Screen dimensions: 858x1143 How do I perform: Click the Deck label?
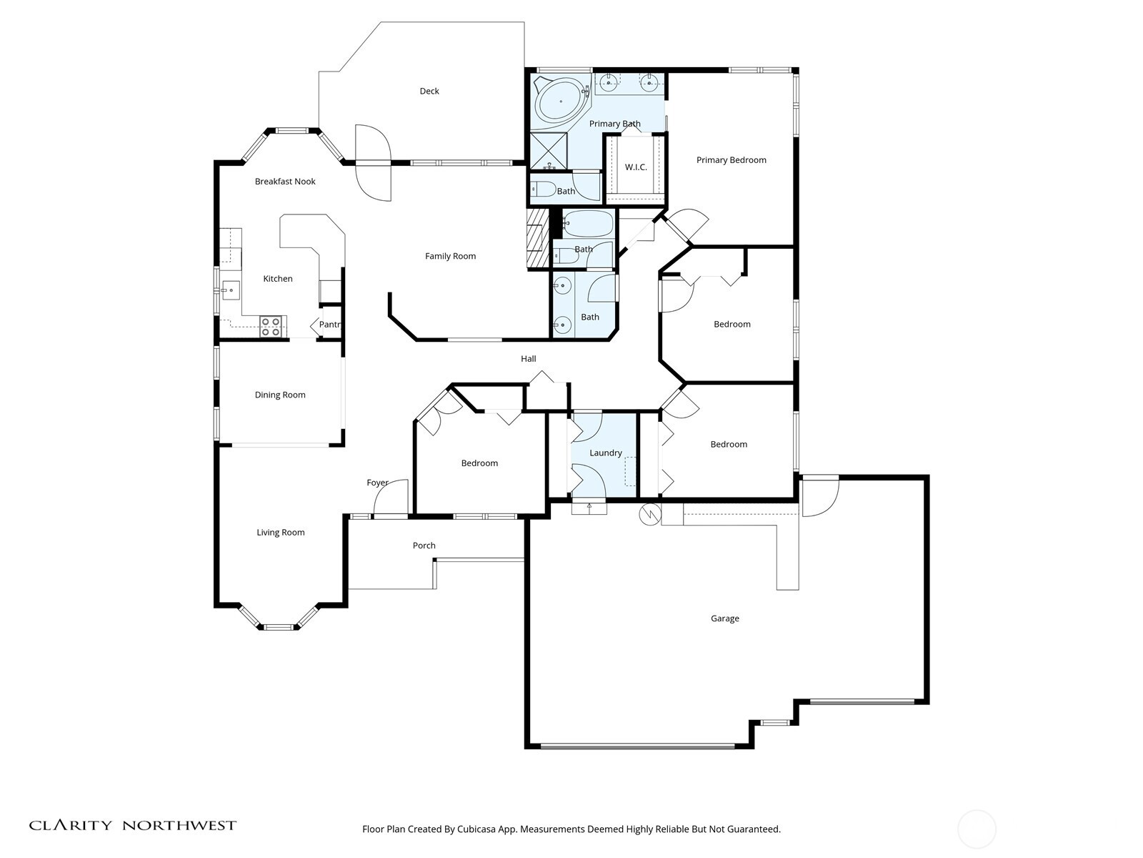coord(429,91)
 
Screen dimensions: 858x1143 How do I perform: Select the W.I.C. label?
coord(636,167)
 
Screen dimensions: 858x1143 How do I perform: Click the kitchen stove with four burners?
coord(270,327)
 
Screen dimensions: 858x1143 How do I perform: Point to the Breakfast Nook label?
coord(285,182)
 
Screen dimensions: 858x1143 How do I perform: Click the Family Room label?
coord(450,256)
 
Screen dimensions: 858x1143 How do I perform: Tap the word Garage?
coord(724,618)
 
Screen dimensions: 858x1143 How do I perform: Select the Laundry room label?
coord(605,453)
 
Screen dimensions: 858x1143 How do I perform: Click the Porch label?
coord(424,546)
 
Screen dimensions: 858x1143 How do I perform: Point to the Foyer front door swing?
coord(393,498)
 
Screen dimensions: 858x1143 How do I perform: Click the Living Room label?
coord(281,532)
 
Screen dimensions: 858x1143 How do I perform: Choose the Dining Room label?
coord(280,395)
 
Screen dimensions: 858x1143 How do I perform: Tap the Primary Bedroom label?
coord(731,160)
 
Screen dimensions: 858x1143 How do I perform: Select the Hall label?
coord(528,359)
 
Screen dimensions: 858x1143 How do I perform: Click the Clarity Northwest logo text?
coord(133,825)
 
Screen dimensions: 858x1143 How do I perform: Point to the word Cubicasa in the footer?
coord(468,829)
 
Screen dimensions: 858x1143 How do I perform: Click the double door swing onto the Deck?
coord(374,163)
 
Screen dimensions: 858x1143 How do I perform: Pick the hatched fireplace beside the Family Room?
coord(536,238)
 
